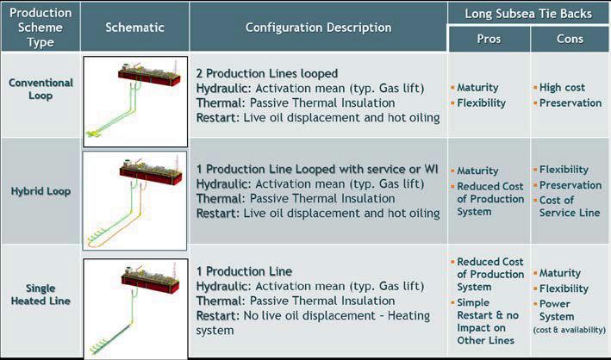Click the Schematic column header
click(134, 27)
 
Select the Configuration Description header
click(318, 27)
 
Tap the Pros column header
click(488, 40)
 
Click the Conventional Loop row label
click(41, 90)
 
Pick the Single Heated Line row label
click(41, 295)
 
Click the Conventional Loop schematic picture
click(135, 102)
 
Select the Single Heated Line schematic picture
click(135, 307)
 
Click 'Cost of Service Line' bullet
click(571, 207)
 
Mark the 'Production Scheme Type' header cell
click(41, 27)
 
